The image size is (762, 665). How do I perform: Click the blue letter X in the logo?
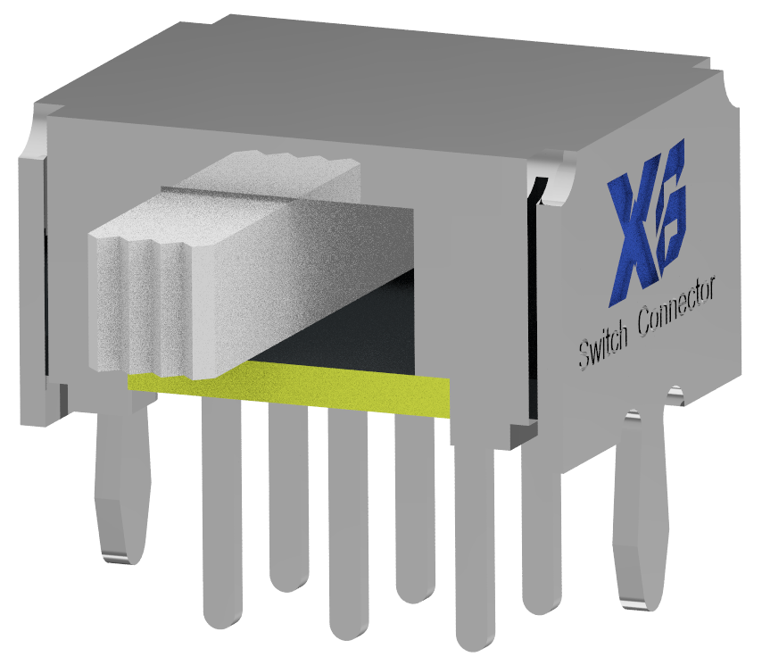633,238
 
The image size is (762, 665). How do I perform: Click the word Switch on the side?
603,345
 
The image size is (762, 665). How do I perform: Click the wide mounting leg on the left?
122,481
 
